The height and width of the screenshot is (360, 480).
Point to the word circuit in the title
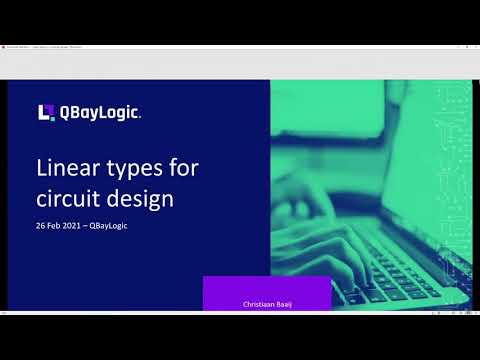coord(65,198)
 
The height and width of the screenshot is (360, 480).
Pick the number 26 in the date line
coord(41,225)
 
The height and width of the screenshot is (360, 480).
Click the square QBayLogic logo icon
coord(45,112)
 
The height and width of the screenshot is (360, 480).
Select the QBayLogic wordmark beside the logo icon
coord(100,113)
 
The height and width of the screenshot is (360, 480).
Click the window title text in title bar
coord(60,47)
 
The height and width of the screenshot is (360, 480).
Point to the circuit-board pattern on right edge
coord(455,150)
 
